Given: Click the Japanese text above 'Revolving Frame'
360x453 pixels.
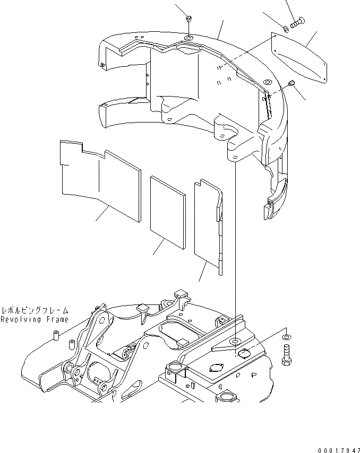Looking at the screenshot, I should (35, 310).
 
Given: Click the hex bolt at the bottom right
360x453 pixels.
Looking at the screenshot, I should (287, 353).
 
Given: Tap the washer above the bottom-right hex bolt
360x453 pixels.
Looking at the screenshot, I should (287, 337).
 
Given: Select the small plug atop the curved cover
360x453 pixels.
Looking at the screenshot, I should (189, 20).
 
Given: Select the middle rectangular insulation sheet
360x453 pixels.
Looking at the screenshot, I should (168, 211).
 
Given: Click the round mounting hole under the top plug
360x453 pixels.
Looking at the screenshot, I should (190, 38).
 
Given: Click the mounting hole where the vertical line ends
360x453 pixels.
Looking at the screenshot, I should (234, 340).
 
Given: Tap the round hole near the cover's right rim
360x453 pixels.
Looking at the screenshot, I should (267, 83).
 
